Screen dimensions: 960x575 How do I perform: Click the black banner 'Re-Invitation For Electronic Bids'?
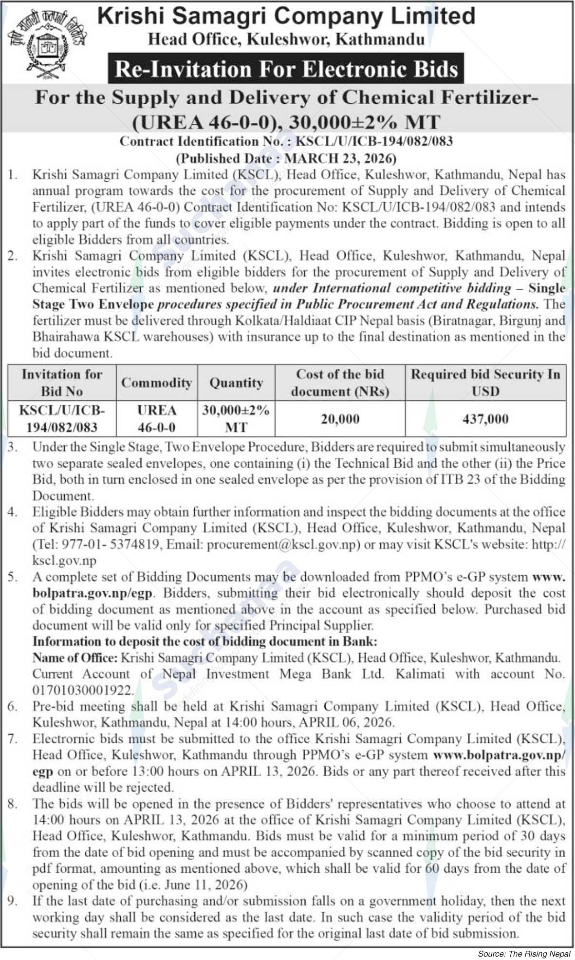pyautogui.click(x=286, y=69)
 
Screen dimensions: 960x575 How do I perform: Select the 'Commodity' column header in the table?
pyautogui.click(x=156, y=383)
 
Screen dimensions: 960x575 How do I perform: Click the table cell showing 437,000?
pyautogui.click(x=485, y=419)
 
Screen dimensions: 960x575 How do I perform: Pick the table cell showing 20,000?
pyautogui.click(x=340, y=419)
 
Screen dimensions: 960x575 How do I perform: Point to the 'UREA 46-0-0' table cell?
pyautogui.click(x=156, y=419)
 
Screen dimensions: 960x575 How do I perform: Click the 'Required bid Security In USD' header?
pyautogui.click(x=485, y=383)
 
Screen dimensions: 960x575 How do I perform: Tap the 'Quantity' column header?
pyautogui.click(x=236, y=383)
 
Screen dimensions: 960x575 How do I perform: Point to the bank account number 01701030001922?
pyautogui.click(x=83, y=690)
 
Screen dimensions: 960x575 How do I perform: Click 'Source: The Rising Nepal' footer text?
pyautogui.click(x=524, y=954)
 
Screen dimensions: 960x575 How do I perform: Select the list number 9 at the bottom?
pyautogui.click(x=13, y=901)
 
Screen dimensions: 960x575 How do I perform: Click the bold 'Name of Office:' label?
pyautogui.click(x=75, y=658)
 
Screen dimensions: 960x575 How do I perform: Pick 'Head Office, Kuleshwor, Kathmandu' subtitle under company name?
pyautogui.click(x=286, y=39)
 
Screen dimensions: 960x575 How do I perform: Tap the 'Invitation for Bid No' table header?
pyautogui.click(x=62, y=383)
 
